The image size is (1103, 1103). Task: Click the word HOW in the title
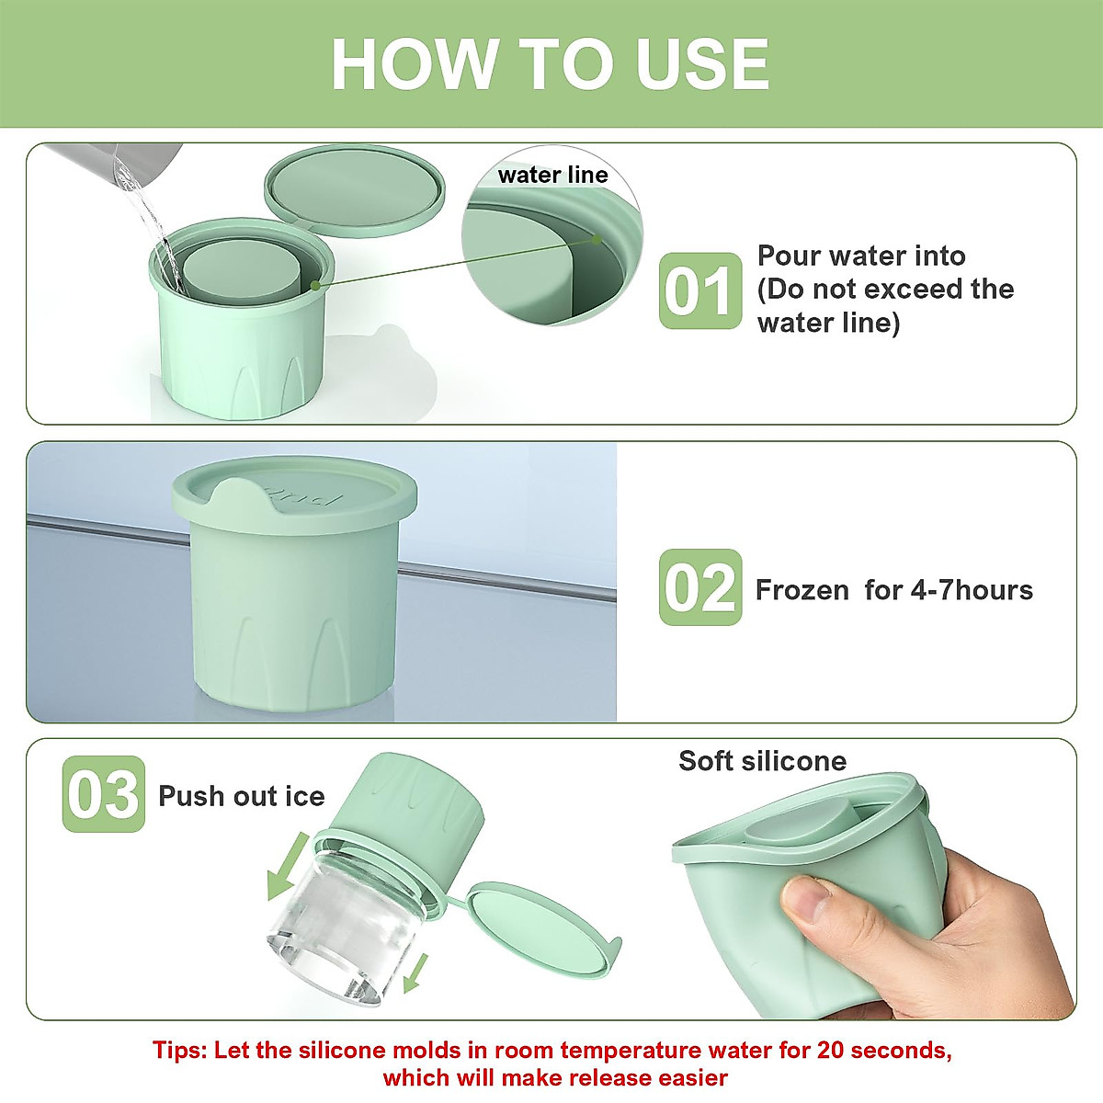[415, 63]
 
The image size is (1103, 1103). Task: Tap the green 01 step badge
[700, 290]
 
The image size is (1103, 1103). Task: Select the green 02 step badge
[700, 587]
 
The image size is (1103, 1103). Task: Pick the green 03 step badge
[104, 793]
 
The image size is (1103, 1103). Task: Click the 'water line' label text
[553, 176]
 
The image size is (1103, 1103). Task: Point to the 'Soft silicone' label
[762, 761]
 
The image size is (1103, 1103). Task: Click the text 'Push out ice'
[242, 796]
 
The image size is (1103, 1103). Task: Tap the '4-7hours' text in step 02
[972, 590]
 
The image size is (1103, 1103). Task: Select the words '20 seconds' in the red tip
[883, 1051]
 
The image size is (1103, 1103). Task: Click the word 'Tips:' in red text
[179, 1052]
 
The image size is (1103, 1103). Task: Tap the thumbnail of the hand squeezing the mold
[873, 898]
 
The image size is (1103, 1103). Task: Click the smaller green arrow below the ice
[416, 973]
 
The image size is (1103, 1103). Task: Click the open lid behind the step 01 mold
[355, 190]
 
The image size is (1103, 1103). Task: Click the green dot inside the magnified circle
[597, 239]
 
